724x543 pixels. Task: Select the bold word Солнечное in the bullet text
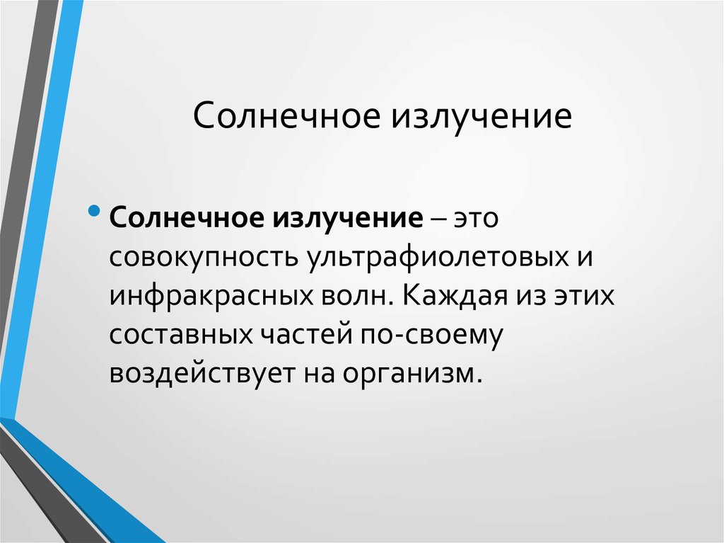[185, 216]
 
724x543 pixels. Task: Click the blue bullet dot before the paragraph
[95, 211]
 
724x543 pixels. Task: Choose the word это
[477, 217]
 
